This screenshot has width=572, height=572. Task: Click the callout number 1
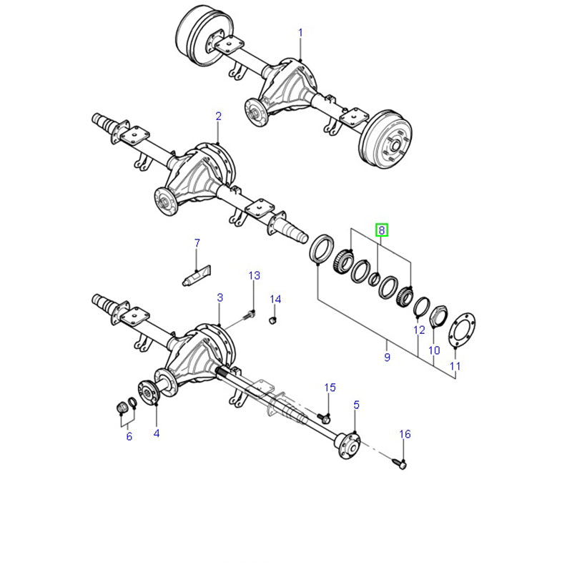tap(300, 33)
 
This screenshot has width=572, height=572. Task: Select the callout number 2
tap(219, 117)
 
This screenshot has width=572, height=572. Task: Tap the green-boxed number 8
tap(382, 230)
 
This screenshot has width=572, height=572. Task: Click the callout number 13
tap(255, 275)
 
